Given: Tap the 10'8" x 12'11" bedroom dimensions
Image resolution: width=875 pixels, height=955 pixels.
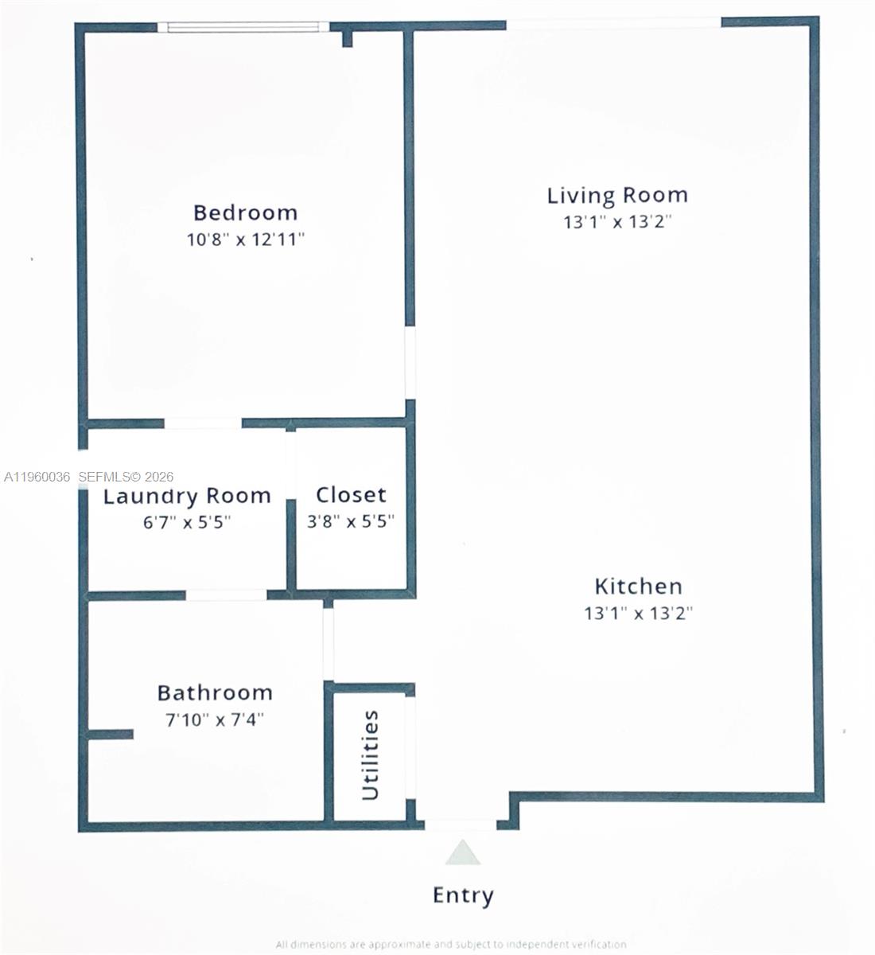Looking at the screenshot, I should point(246,240).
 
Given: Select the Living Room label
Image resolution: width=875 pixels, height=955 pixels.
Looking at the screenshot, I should point(617,196).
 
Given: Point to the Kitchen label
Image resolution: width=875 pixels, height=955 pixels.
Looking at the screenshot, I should point(638,587).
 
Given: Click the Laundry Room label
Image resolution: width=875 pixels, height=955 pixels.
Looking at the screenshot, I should point(188,497).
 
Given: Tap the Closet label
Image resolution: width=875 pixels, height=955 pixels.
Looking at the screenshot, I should point(351,495).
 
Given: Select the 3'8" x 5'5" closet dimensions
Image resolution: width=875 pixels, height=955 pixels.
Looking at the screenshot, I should point(351,522).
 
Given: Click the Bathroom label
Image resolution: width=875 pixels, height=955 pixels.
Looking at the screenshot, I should point(215,693).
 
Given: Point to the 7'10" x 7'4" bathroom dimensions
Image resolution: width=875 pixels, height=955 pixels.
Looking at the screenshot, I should point(215,720).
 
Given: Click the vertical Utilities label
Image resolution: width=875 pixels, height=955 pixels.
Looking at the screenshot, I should point(371,756).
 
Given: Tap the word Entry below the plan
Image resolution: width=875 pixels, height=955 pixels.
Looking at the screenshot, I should point(463,895).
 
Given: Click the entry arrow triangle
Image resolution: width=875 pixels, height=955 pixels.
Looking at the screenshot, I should point(462,854).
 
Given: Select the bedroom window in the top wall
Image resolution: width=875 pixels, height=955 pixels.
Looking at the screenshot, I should point(243,27).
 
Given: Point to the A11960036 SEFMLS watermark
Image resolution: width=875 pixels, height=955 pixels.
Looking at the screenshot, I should point(88,477).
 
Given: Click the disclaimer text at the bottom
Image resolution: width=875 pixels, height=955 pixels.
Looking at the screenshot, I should point(451,945).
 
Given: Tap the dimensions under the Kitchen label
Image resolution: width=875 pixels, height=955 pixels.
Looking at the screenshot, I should point(638,614).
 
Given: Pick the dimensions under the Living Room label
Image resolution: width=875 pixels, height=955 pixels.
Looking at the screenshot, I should point(617,222).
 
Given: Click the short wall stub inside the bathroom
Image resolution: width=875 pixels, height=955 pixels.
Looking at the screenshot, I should point(110,734).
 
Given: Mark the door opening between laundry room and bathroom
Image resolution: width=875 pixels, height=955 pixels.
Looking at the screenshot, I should point(227,594).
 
